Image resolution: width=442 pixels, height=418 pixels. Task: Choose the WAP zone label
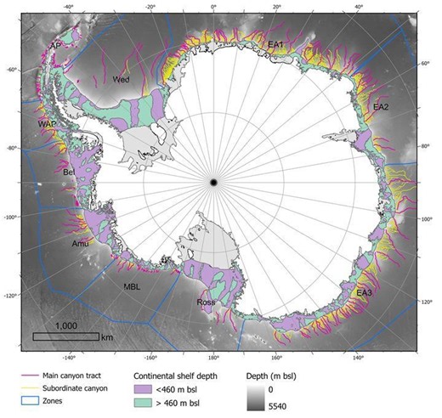[x=47, y=124]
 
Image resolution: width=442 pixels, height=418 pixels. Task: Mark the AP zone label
[x=56, y=45]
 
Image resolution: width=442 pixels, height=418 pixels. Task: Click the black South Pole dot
[x=214, y=181]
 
